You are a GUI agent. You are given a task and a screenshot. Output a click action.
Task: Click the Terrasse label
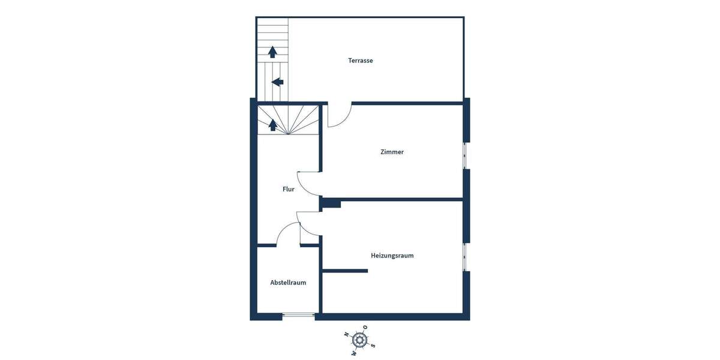click(x=361, y=61)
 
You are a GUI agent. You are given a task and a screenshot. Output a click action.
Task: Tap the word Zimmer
click(x=392, y=152)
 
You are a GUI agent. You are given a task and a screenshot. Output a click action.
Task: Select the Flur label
click(x=289, y=189)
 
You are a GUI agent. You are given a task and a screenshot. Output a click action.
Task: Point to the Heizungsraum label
click(x=392, y=256)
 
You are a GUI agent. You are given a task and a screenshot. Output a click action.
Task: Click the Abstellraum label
click(x=288, y=283)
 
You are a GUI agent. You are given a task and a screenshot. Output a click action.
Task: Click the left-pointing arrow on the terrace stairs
click(x=277, y=82)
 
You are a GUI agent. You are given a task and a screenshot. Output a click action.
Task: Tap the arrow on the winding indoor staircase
click(x=272, y=125)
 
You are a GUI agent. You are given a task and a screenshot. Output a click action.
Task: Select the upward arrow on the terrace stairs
click(x=272, y=52)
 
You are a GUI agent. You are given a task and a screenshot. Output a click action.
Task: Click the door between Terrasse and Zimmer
click(x=339, y=115)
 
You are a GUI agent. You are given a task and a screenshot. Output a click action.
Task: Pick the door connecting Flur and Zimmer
click(x=310, y=184)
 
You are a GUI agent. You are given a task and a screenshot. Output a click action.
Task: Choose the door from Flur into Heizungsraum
click(x=308, y=223)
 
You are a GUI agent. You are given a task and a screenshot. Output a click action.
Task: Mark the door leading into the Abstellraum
click(x=288, y=234)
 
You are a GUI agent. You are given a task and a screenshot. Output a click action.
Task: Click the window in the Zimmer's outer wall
click(x=466, y=156)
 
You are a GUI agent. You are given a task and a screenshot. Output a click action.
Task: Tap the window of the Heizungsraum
click(x=466, y=257)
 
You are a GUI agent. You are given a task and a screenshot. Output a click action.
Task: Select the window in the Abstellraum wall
click(x=298, y=316)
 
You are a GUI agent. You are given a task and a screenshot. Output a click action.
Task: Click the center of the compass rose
click(x=359, y=340)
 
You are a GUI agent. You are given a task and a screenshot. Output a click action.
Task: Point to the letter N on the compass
click(x=346, y=334)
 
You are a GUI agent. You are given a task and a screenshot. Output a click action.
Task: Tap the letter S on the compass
click(x=373, y=345)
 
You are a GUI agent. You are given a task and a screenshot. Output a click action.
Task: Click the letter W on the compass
click(x=353, y=353)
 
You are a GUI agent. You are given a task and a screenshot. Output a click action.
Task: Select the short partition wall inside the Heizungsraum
click(x=345, y=271)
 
